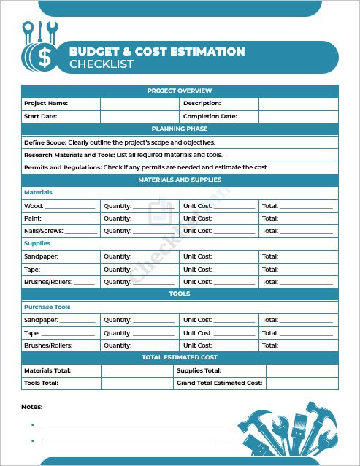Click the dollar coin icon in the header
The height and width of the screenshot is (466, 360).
(43, 57)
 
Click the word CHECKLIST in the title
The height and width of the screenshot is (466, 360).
(102, 64)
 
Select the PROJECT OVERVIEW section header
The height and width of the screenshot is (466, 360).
(180, 91)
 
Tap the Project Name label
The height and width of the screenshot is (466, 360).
(46, 103)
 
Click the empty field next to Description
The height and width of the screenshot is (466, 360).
(298, 103)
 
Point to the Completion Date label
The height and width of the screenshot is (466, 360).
(210, 116)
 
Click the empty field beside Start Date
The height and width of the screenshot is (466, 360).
(139, 116)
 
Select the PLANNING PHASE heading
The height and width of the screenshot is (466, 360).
(180, 129)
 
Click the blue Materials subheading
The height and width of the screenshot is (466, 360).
(38, 192)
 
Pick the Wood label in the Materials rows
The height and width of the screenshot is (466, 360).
(33, 206)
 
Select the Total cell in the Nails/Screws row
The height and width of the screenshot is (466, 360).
(298, 231)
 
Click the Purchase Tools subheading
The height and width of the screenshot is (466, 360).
(47, 307)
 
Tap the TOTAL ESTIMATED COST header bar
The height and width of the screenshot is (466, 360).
(180, 358)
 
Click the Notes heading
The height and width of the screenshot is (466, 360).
(32, 406)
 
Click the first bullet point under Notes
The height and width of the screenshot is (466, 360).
(33, 424)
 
